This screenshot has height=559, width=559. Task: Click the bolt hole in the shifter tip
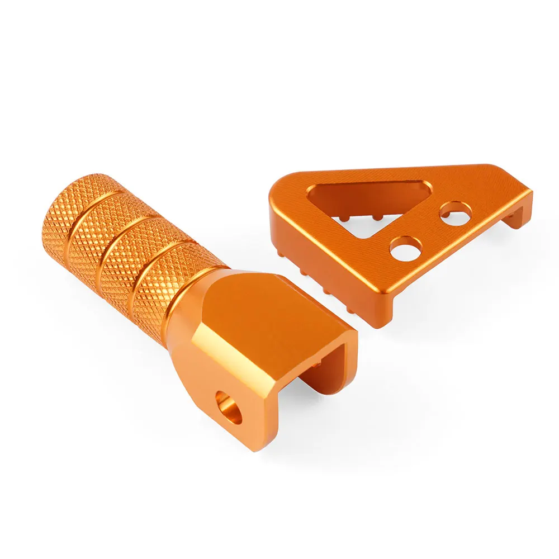229,408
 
